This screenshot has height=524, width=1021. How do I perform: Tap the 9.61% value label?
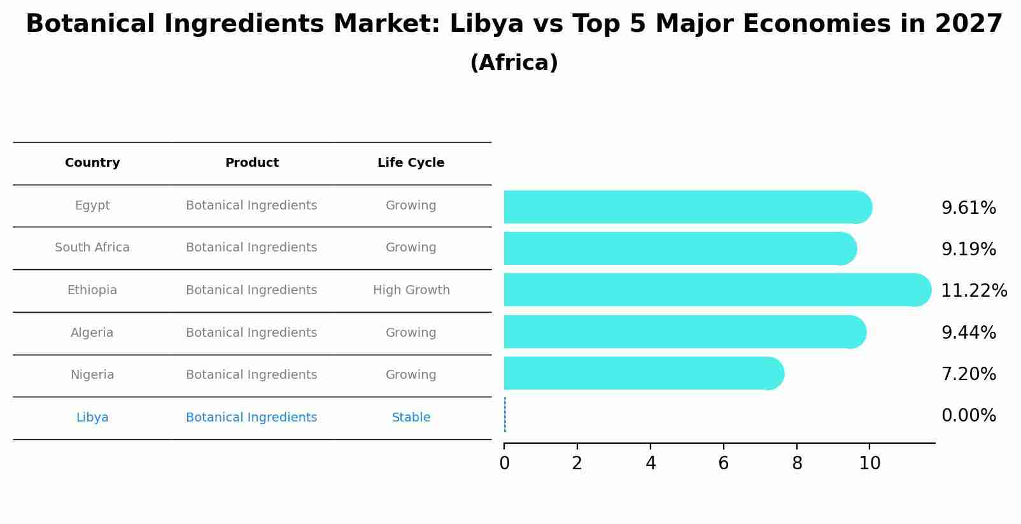pos(968,208)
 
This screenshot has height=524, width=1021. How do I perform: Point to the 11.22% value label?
pos(973,291)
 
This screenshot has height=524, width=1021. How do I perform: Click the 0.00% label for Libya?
pos(968,416)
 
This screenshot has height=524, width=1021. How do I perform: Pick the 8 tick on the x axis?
pos(797,464)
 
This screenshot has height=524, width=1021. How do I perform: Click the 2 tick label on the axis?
pos(577,464)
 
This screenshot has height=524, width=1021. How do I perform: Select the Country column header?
pos(92,163)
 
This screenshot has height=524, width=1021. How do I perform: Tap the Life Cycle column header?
pos(411,163)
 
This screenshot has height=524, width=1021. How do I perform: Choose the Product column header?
pos(251,163)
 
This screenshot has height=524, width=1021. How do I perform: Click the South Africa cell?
pos(92,248)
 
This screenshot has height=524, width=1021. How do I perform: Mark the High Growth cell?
pos(411,290)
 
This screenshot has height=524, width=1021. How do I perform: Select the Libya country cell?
pos(92,418)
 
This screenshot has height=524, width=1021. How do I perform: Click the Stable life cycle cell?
pos(411,418)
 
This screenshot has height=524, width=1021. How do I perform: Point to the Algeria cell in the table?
pos(92,333)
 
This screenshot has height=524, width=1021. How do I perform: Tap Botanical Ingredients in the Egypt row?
pos(251,206)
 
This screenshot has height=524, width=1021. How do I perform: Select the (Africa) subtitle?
pos(514,63)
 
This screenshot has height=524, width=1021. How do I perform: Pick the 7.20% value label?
pos(968,374)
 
